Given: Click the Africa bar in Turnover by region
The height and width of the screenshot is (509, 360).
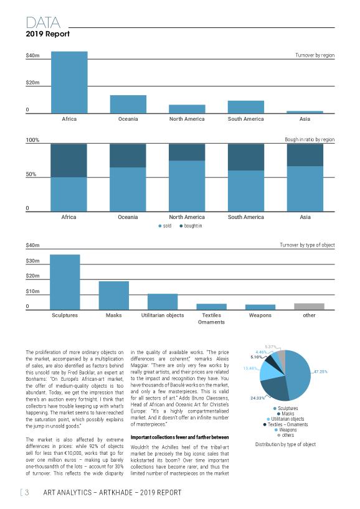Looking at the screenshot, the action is pos(69,82).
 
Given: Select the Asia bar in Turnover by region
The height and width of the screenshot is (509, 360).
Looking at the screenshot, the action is pos(305,112).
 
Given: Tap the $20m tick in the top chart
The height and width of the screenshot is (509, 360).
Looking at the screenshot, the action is pos(32,83).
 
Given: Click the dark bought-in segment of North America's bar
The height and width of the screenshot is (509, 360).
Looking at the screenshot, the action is pos(187,152).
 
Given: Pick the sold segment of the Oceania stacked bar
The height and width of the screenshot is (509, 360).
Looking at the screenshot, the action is pos(128,189).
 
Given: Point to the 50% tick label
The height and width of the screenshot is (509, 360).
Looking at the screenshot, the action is pos(31,174).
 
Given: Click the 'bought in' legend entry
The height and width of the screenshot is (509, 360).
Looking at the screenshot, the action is pos(191,226).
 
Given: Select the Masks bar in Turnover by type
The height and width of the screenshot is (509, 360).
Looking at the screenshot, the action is pos(114,296).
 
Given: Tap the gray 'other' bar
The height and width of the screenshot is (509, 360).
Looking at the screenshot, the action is pos(309,306).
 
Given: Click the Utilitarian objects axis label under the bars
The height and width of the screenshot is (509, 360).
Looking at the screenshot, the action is pos(163,315).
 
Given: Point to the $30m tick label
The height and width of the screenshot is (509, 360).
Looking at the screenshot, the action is pos(32,261).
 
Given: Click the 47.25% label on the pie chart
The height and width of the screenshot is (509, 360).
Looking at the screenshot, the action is pos(321,371).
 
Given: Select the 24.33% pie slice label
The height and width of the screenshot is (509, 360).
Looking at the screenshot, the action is pos(257,398).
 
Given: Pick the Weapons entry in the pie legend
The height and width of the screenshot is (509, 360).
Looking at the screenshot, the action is pos(286,430).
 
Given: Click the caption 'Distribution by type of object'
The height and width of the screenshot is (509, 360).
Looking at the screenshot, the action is pos(285,444).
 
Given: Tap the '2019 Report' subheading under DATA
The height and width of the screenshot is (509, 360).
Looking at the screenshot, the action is pos(48,34).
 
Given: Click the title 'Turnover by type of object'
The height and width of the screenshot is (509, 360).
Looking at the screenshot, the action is pos(307,245).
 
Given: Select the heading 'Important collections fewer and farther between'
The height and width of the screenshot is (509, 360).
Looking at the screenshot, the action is pos(179,437).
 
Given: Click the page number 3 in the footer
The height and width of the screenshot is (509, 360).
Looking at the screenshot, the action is pos(27,492).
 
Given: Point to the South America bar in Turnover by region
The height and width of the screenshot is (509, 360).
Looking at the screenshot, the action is pos(246,107).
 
